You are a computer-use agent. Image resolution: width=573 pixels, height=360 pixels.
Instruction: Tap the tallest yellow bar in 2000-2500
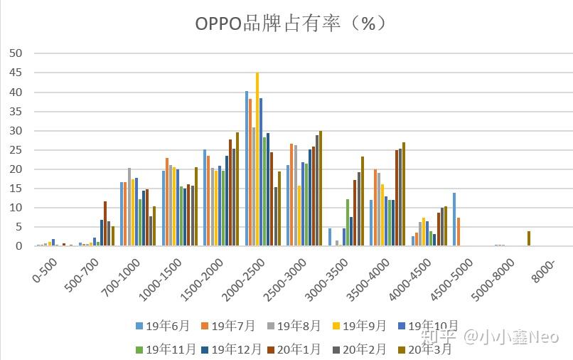pyautogui.click(x=257, y=159)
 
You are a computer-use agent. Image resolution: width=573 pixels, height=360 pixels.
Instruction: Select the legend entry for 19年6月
pyautogui.click(x=163, y=327)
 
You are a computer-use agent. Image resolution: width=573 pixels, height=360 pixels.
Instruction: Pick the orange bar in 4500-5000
pyautogui.click(x=459, y=232)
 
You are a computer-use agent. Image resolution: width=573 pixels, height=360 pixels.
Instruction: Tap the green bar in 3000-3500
pyautogui.click(x=348, y=223)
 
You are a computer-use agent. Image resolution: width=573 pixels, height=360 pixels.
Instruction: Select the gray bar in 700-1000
pyautogui.click(x=129, y=207)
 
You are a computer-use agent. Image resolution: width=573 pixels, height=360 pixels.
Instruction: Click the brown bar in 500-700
pyautogui.click(x=105, y=223)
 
